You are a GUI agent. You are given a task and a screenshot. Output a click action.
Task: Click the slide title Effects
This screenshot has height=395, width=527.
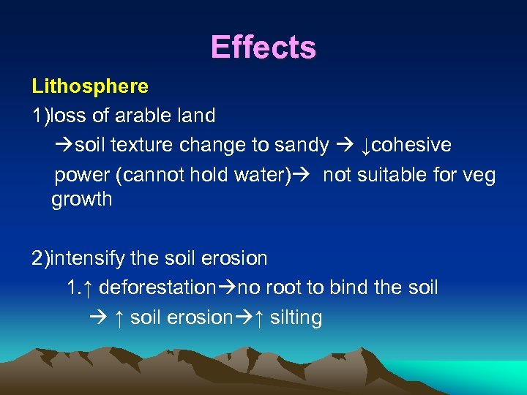pos(263,48)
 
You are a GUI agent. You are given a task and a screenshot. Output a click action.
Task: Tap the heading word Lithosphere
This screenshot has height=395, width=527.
pos(90,86)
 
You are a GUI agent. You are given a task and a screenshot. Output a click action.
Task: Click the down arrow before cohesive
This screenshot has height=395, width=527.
pos(366,146)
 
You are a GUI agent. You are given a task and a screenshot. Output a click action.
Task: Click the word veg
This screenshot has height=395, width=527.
pos(479,176)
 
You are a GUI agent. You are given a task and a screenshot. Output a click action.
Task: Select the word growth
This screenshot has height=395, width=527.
pos(81,199)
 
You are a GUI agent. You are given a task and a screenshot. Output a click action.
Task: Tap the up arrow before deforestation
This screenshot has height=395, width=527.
pos(89,287)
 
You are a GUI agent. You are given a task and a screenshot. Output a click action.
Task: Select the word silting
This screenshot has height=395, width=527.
pos(296,317)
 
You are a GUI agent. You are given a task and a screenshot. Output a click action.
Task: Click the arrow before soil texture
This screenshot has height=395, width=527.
pos(64,146)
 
